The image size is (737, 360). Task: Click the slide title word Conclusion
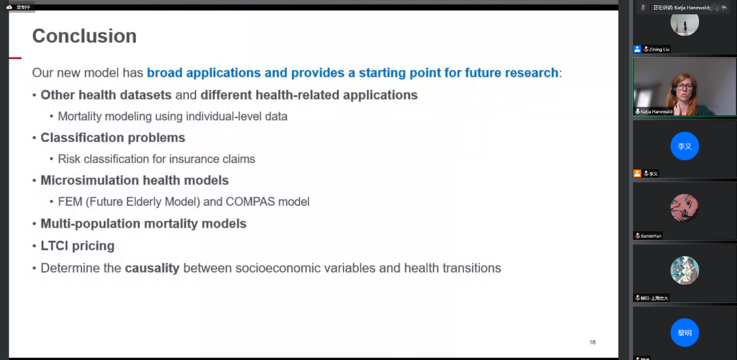coord(84,36)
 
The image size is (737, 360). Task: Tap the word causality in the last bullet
coord(152,268)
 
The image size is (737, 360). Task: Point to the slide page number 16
coord(592,342)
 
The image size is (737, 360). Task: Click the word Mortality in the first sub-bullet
coord(80,116)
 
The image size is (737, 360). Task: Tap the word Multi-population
coord(90,224)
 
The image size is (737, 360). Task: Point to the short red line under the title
coord(15,58)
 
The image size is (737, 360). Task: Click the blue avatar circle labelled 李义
coord(685,146)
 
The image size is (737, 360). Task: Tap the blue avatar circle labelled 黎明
coord(685,333)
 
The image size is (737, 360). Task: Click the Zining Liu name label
coord(659,49)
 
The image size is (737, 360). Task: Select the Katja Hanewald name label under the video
coord(656,112)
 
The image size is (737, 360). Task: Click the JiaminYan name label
coord(651,236)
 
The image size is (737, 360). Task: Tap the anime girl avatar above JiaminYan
coord(685,208)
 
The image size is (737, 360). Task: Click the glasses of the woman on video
coord(685,87)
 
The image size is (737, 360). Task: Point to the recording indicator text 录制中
coord(23,7)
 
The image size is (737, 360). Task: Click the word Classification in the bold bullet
coord(82,138)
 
